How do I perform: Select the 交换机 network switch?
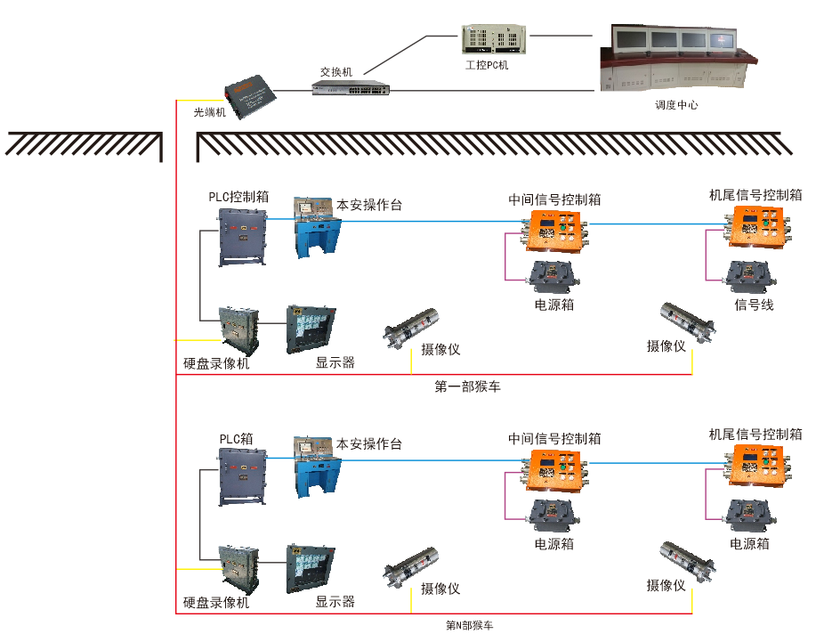350,87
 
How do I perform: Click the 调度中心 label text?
676,105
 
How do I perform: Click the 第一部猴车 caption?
469,386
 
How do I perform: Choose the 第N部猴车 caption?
469,625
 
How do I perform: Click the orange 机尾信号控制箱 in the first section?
757,228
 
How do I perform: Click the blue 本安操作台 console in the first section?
317,229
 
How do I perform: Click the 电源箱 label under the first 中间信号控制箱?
554,305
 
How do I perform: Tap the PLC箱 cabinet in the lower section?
242,475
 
